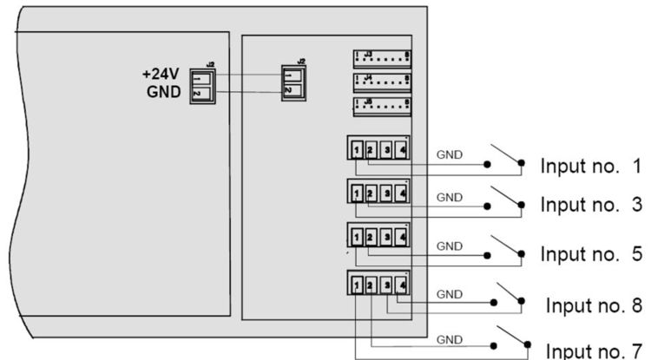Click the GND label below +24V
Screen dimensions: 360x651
click(165, 91)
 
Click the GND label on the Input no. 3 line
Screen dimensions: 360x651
click(449, 198)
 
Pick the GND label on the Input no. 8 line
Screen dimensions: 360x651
click(449, 295)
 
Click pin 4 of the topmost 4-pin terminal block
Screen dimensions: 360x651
click(401, 148)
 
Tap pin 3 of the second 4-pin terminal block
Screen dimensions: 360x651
click(386, 192)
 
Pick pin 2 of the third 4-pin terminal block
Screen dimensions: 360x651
click(371, 237)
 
